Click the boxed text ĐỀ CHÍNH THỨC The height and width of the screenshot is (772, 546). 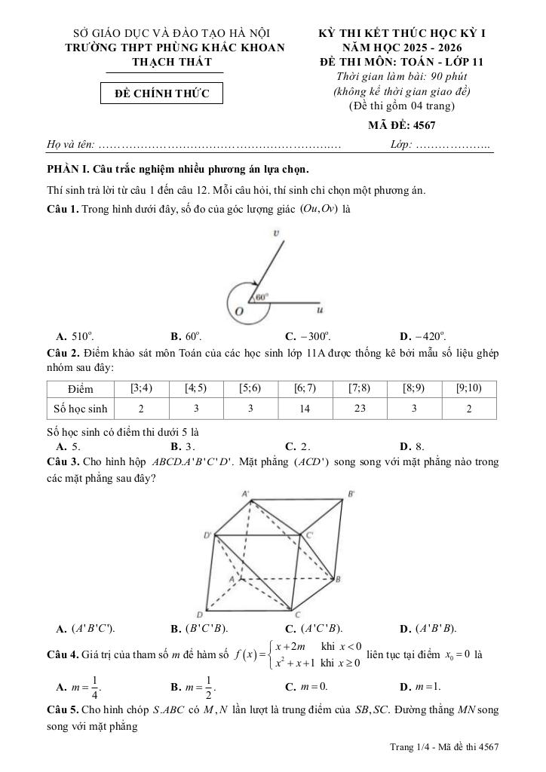click(x=163, y=93)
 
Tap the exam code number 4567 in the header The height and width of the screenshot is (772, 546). click(x=420, y=125)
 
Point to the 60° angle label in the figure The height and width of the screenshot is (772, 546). click(x=262, y=297)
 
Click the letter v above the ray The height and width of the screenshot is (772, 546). click(x=277, y=234)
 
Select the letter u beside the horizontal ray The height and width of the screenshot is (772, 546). click(x=321, y=309)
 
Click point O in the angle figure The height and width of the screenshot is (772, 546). click(x=239, y=311)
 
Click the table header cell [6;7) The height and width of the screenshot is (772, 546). click(x=305, y=388)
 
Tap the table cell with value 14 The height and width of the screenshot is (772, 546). click(x=305, y=408)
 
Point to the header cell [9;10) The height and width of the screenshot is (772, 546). click(x=469, y=388)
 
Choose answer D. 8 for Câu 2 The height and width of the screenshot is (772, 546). click(x=412, y=446)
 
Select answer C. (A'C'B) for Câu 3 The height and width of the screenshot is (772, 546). click(x=313, y=627)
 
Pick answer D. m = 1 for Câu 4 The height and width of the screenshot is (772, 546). click(x=421, y=687)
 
